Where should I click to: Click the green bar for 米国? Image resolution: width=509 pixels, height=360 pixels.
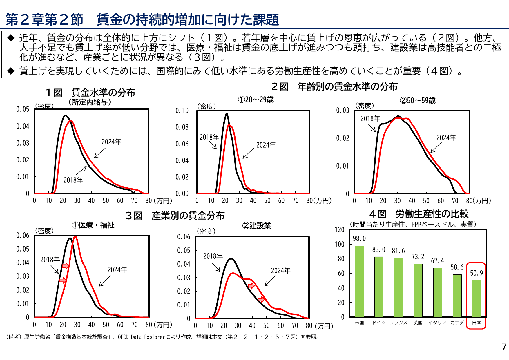[359, 281]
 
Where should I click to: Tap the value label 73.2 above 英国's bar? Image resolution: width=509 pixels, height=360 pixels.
[418, 257]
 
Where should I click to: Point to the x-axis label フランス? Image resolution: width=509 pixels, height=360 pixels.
[398, 323]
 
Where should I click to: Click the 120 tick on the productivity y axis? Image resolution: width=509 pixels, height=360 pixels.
[339, 230]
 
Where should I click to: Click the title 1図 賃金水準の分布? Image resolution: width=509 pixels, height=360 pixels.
[90, 93]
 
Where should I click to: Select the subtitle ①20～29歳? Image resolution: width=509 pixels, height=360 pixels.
[256, 100]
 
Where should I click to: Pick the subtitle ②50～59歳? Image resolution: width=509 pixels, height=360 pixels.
[417, 101]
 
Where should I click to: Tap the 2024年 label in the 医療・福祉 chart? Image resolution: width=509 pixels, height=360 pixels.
[117, 270]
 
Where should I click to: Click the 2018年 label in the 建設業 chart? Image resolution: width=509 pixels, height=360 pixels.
[213, 256]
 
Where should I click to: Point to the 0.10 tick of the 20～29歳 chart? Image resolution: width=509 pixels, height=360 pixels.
[182, 111]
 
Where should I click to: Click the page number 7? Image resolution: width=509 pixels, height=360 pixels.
[504, 347]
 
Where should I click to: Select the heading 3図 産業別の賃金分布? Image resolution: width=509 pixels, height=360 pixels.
[175, 216]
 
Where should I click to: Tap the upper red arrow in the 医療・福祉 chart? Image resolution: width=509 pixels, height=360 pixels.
[66, 266]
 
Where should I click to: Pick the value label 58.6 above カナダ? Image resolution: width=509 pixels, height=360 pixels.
[457, 267]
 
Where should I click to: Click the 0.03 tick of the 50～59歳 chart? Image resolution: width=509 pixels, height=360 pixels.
[343, 110]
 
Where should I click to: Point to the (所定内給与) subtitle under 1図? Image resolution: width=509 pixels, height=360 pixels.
[90, 102]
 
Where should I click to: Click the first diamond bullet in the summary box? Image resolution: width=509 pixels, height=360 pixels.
[11, 38]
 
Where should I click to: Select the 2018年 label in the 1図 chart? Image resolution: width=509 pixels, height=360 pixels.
[73, 180]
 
